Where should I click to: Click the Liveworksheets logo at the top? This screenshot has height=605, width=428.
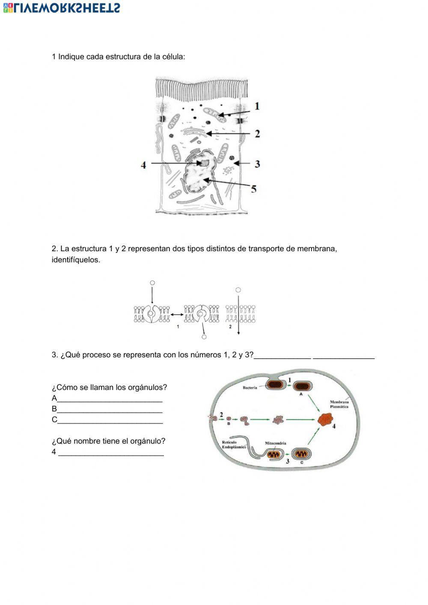point(62,8)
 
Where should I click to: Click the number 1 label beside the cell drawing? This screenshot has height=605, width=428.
point(257,106)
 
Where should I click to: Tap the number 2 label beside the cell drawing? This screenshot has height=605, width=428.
point(257,134)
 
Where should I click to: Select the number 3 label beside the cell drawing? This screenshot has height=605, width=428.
point(257,164)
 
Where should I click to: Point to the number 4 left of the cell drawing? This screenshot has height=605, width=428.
point(143,165)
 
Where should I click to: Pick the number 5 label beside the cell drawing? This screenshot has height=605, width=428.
point(254,189)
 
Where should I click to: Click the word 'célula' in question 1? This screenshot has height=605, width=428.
point(173,56)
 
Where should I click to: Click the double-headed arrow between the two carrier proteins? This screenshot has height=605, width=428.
point(177,315)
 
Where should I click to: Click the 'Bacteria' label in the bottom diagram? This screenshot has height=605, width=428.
point(250,388)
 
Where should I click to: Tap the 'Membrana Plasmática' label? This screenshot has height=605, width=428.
point(339,404)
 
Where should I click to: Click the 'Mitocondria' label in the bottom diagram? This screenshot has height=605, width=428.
point(276,443)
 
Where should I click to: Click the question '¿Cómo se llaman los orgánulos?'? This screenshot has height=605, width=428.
point(109,387)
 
